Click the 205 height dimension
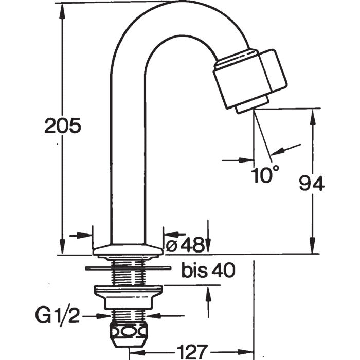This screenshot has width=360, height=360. pyautogui.click(x=63, y=125)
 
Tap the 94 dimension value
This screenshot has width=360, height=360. pyautogui.click(x=312, y=183)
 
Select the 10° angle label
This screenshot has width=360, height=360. pyautogui.click(x=265, y=174)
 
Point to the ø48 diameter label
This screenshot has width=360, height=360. pyautogui.click(x=185, y=244)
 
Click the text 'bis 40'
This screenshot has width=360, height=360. pyautogui.click(x=208, y=270)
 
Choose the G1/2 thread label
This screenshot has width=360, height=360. pyautogui.click(x=58, y=316)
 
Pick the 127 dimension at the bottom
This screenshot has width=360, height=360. pyautogui.click(x=192, y=351)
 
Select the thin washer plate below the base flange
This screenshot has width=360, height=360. pyautogui.click(x=129, y=268)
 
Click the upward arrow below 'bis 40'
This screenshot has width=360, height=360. pyautogui.click(x=208, y=301)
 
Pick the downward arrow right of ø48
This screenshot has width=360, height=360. pyautogui.click(x=208, y=236)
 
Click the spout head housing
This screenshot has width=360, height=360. pyautogui.click(x=250, y=79)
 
